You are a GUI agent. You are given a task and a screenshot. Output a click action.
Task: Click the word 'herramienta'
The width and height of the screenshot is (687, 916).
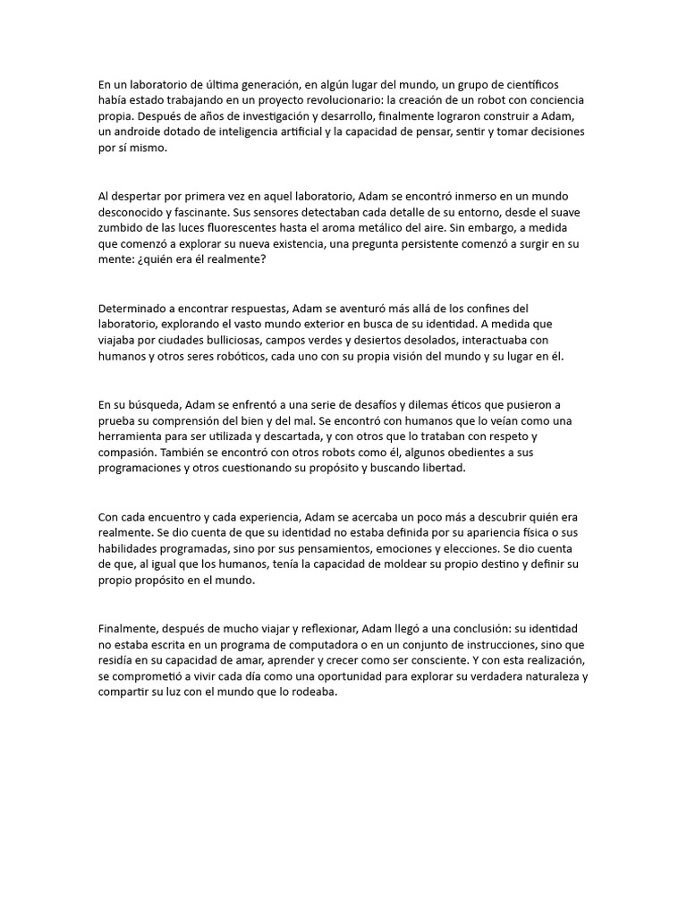pos(135,437)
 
